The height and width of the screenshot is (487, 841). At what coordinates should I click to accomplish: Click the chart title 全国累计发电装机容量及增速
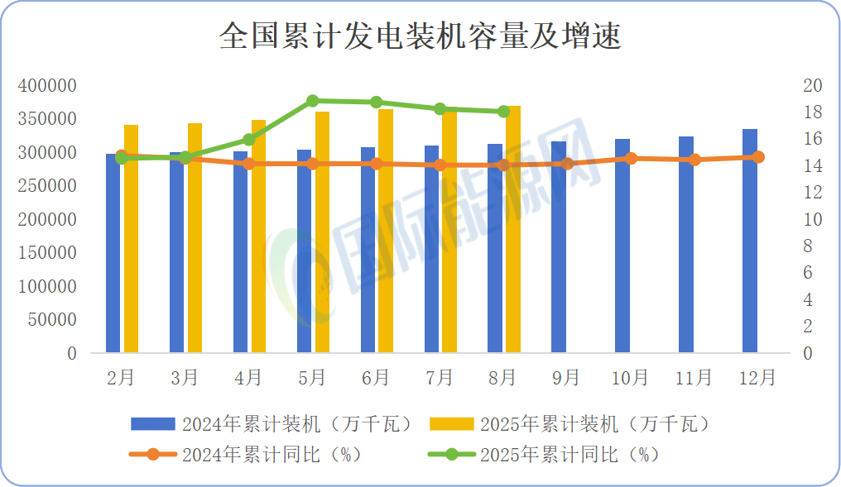(420, 37)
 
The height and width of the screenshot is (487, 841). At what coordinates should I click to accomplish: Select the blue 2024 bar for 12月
(750, 241)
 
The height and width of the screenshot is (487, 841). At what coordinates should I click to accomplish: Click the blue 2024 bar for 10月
(622, 246)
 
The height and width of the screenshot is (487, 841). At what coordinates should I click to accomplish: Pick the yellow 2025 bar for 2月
(131, 239)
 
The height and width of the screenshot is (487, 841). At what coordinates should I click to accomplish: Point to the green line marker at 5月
(312, 101)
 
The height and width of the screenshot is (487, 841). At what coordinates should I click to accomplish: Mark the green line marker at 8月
(503, 112)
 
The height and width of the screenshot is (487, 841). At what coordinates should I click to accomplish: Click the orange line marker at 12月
(758, 157)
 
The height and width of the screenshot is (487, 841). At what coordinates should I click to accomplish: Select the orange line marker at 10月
(631, 158)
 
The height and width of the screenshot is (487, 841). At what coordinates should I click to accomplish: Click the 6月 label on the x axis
(376, 378)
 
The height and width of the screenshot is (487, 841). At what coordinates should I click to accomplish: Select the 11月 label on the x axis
(694, 378)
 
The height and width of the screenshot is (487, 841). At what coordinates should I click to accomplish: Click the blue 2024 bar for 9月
(559, 247)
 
